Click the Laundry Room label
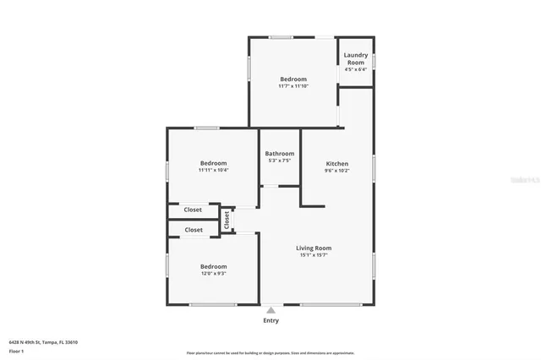tap(355, 59)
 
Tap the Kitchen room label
tap(337, 164)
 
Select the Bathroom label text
tap(279, 153)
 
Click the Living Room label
tap(314, 248)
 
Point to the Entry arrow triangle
tap(270, 310)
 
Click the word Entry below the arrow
tap(270, 320)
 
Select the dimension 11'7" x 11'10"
tap(293, 86)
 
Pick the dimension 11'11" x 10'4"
tap(213, 170)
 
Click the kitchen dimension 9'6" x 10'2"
tap(337, 171)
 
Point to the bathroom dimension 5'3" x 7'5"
tap(279, 161)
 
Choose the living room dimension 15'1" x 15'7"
tap(314, 254)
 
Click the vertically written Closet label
tap(227, 219)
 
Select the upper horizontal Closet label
tap(194, 210)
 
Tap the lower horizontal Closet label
tap(194, 230)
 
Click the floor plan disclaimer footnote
tap(270, 353)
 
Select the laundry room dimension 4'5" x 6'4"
tap(355, 69)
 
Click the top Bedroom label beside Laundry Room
tap(293, 79)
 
